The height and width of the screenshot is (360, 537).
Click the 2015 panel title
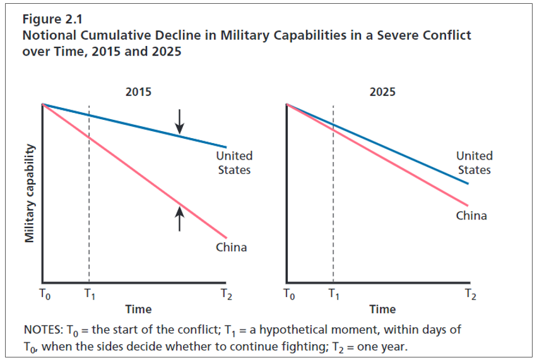(138, 92)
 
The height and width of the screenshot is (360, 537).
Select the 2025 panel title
(382, 92)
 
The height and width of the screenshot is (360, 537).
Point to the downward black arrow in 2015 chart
(180, 121)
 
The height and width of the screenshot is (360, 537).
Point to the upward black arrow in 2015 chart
(180, 219)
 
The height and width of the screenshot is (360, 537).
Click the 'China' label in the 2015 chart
(232, 247)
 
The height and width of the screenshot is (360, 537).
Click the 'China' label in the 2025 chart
(471, 216)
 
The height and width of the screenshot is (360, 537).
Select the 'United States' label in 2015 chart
(233, 163)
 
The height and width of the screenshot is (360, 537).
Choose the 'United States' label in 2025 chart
(474, 163)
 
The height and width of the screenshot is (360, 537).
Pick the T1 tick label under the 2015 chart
(89, 294)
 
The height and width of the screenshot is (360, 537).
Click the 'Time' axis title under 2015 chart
(138, 309)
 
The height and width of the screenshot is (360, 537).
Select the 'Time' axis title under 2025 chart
(382, 309)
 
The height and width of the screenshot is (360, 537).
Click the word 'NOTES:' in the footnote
(43, 330)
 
